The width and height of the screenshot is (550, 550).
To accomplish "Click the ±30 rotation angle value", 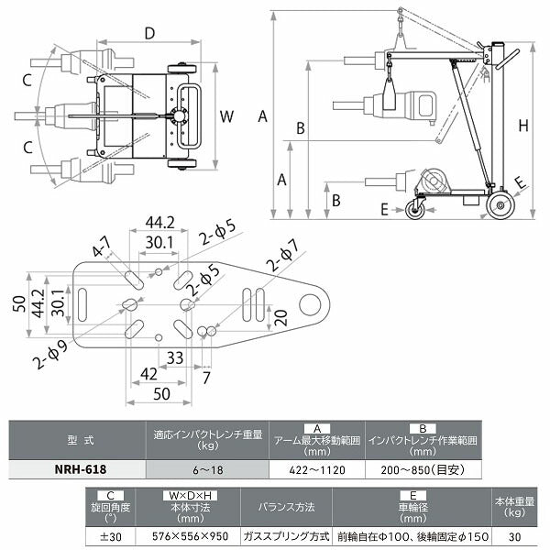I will (108, 536).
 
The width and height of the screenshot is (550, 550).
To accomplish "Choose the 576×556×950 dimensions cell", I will (188, 536).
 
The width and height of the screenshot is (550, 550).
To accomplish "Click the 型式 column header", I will (77, 439).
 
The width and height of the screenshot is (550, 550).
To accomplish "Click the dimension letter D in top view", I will (149, 34).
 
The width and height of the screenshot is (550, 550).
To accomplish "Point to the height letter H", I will (522, 126).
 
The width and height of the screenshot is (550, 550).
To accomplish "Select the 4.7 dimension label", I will (100, 246).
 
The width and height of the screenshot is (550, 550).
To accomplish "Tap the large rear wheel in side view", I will (500, 204).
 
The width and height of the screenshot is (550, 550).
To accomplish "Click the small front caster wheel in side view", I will (414, 211).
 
